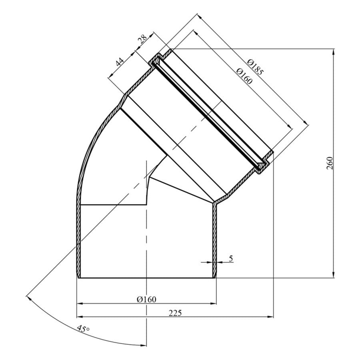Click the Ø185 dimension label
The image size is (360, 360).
pyautogui.click(x=255, y=67)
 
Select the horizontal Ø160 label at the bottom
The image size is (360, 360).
pyautogui.click(x=146, y=299)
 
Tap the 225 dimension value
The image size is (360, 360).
pyautogui.click(x=175, y=313)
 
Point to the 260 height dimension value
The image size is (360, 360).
pyautogui.click(x=330, y=163)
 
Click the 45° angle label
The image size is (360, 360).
pyautogui.click(x=83, y=328)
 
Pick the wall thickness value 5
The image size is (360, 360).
pyautogui.click(x=231, y=258)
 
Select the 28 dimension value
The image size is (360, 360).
pyautogui.click(x=142, y=40)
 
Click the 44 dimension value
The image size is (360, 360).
pyautogui.click(x=119, y=62)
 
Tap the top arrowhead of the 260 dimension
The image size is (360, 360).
pyautogui.click(x=333, y=52)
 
